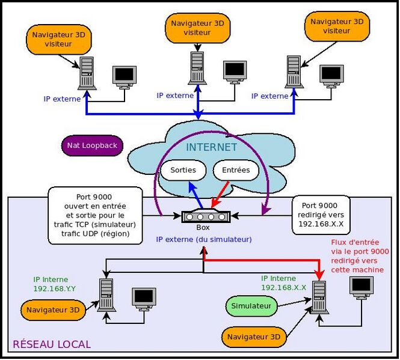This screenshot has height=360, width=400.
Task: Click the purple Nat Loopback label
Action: pyautogui.click(x=92, y=145)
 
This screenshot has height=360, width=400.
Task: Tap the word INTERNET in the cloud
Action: pyautogui.click(x=211, y=147)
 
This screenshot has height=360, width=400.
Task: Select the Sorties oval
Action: pyautogui.click(x=183, y=170)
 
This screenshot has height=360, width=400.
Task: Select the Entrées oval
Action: pyautogui.click(x=236, y=170)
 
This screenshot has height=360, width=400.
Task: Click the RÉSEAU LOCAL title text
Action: pyautogui.click(x=52, y=344)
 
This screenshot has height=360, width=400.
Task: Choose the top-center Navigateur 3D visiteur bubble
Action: pyautogui.click(x=197, y=28)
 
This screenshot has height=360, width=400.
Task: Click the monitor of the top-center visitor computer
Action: pyautogui.click(x=235, y=72)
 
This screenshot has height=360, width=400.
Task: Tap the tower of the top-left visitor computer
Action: pyautogui.click(x=87, y=72)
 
